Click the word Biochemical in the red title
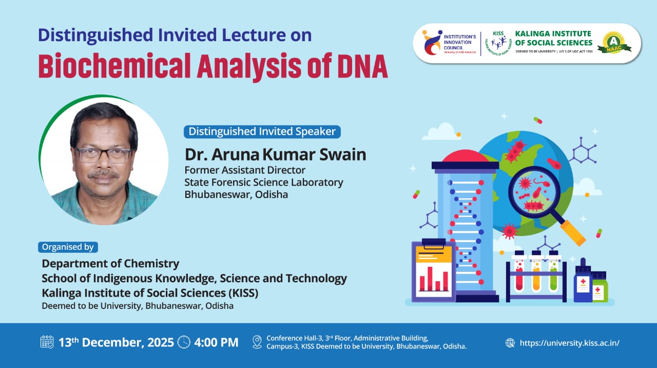pyautogui.click(x=114, y=65)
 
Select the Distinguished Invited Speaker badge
pyautogui.click(x=262, y=132)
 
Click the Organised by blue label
pyautogui.click(x=68, y=247)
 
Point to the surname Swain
pyautogui.click(x=342, y=155)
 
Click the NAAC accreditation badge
pyautogui.click(x=614, y=43)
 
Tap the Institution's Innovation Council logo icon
pyautogui.click(x=432, y=43)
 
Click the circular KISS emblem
pyautogui.click(x=498, y=43)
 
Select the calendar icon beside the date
pyautogui.click(x=47, y=342)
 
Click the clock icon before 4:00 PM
pyautogui.click(x=184, y=342)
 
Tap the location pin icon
pyautogui.click(x=257, y=342)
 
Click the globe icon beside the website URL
pyautogui.click(x=510, y=343)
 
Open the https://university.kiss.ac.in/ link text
pyautogui.click(x=570, y=343)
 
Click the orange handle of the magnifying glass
pyautogui.click(x=573, y=233)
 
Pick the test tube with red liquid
pyautogui.click(x=519, y=272)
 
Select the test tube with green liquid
pyautogui.click(x=553, y=272)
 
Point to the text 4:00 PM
pyautogui.click(x=216, y=342)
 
